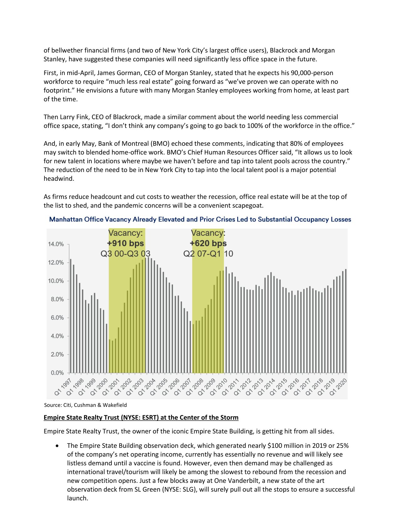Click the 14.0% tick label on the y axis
point(56,244)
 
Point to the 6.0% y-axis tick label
point(56,318)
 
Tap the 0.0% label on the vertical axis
point(57,373)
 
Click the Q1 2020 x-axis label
point(339,387)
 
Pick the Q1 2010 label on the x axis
point(219,387)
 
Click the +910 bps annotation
point(125,243)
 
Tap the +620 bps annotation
point(208,243)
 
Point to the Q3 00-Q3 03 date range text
point(125,254)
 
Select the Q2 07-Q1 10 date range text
point(208,254)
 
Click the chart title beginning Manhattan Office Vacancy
point(200,220)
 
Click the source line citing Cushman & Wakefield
point(85,405)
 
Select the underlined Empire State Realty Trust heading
point(141,417)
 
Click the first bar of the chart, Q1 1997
point(71,316)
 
